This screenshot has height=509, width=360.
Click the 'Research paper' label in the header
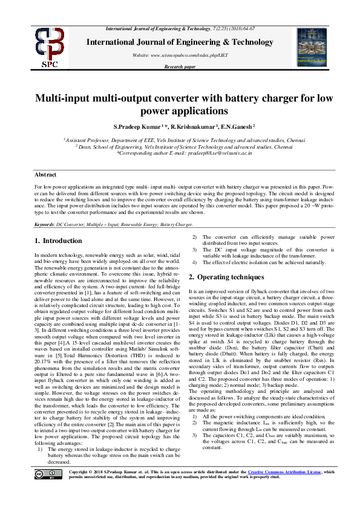pos(180,66)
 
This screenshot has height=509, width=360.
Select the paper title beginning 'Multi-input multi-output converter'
pos(180,103)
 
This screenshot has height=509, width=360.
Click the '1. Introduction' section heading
pos(58,241)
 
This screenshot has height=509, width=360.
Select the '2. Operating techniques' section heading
pos(227,277)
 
